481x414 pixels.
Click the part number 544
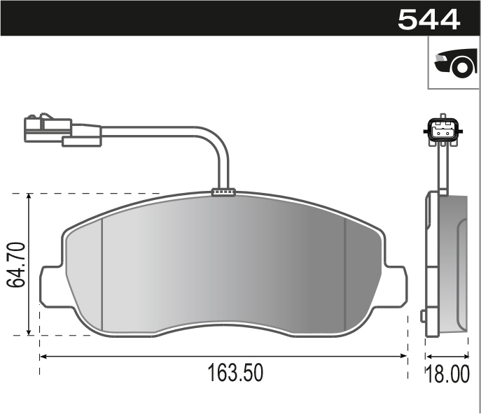pyautogui.click(x=428, y=19)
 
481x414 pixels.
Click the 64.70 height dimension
pyautogui.click(x=16, y=264)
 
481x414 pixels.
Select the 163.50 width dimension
pyautogui.click(x=235, y=373)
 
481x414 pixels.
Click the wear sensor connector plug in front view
pyautogui.click(x=48, y=128)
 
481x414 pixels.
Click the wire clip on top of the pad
pyautogui.click(x=223, y=191)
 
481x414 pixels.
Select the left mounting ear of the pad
pyautogui.click(x=51, y=286)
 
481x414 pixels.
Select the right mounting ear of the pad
pyautogui.click(x=395, y=286)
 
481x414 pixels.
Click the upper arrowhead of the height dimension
pyautogui.click(x=29, y=198)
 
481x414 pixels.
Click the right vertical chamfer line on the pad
pyautogui.click(x=346, y=273)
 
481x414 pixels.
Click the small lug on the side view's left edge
pyautogui.click(x=424, y=316)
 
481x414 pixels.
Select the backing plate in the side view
pyautogui.click(x=432, y=266)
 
